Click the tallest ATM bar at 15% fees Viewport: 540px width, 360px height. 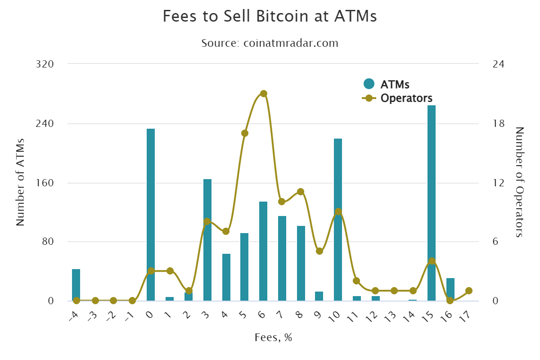click(x=432, y=202)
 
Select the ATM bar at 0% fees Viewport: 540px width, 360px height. click(x=151, y=215)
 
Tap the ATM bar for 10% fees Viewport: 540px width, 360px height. click(x=338, y=220)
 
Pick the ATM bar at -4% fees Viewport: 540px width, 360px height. click(x=76, y=285)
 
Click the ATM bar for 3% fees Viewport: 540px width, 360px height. click(x=207, y=240)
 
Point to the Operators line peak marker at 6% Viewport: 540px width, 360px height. click(x=264, y=94)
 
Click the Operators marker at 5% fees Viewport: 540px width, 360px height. click(x=245, y=133)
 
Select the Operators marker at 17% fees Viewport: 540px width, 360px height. click(x=468, y=291)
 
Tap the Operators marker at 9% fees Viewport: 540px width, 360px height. click(x=319, y=251)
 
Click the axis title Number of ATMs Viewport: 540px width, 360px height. click(x=20, y=182)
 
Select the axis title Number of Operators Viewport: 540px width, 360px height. click(x=520, y=182)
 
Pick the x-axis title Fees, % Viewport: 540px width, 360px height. click(x=273, y=337)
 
